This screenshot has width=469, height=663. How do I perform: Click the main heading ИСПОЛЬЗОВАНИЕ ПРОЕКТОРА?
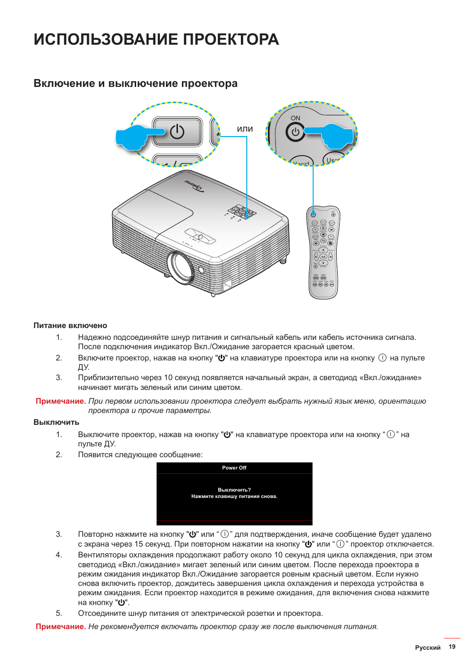pos(156,39)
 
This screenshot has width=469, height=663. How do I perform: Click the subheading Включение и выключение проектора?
pos(135,83)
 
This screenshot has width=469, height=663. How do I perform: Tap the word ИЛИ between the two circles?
pos(245,129)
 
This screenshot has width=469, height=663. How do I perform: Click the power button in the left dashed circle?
pos(177,132)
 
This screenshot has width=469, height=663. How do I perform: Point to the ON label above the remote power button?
pos(295,118)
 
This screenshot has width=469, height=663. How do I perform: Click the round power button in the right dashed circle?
pos(295,132)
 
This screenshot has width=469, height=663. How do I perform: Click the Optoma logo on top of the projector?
pos(195,186)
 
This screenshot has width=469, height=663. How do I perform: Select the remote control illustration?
pos(323,252)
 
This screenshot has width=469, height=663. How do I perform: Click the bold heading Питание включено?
pos(70,326)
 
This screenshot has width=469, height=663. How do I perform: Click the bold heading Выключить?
pos(56,422)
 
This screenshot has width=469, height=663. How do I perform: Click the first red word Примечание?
pos(60,401)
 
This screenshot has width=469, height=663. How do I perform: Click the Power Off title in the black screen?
pos(234,468)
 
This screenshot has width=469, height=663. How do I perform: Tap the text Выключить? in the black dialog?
pos(234,490)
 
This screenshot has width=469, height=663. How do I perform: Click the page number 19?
pos(452,647)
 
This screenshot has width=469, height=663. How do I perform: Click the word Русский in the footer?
pos(427,648)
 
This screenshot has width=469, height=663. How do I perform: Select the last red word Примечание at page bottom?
pos(60,627)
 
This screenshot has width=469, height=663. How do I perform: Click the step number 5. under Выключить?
pos(59,613)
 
